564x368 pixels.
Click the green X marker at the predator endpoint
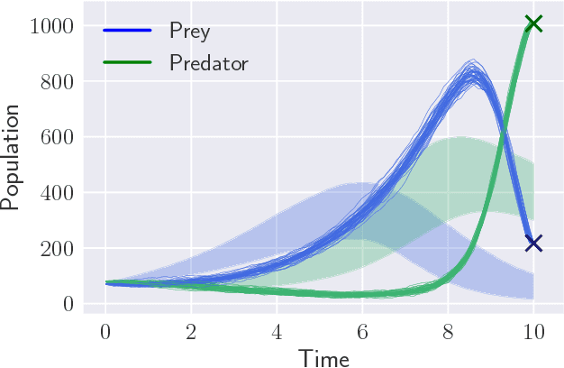(x=533, y=23)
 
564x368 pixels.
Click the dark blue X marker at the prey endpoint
(x=533, y=243)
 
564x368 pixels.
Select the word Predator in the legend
(x=208, y=63)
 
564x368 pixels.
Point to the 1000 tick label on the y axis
(x=50, y=26)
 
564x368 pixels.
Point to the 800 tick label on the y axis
(x=56, y=81)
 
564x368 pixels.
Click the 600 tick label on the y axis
(x=56, y=137)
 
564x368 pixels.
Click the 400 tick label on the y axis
(x=56, y=193)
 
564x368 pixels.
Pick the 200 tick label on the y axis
(x=56, y=248)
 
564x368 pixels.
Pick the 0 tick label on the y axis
(x=67, y=304)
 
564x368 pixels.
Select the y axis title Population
(x=12, y=158)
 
